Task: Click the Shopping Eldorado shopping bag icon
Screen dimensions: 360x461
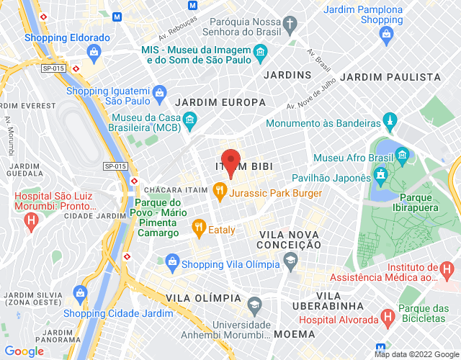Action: click(94, 52)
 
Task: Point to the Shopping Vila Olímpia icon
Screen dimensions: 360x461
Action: click(172, 261)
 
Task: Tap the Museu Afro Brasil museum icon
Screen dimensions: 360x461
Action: click(402, 155)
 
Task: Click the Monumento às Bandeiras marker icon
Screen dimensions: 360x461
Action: click(390, 119)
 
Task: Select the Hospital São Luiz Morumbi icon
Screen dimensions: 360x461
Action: click(30, 223)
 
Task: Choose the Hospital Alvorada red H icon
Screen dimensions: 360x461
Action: click(388, 315)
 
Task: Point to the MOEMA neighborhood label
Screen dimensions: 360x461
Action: click(294, 334)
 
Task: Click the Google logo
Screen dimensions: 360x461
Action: click(24, 351)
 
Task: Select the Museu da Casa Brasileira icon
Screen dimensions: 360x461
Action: click(189, 119)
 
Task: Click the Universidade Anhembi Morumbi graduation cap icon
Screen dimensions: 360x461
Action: click(254, 305)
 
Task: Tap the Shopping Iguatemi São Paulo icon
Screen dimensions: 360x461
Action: click(155, 91)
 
